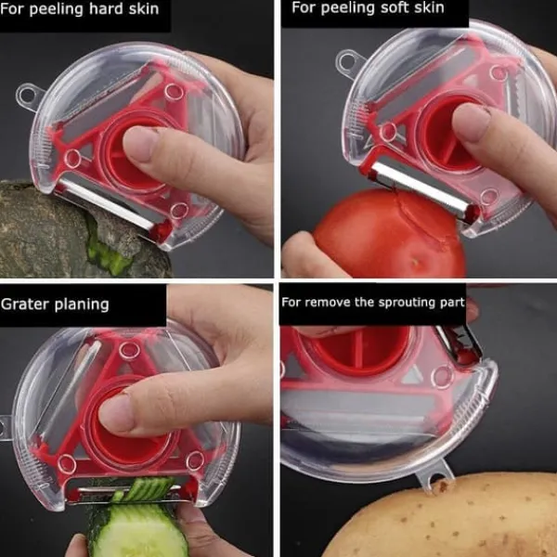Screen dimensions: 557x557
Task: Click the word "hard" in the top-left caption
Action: [x=105, y=8]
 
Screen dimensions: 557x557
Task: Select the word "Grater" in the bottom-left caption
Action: [x=25, y=304]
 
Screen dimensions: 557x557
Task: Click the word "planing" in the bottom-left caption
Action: [x=82, y=305]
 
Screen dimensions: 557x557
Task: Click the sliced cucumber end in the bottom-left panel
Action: [x=137, y=530]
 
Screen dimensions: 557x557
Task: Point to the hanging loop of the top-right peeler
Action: [x=348, y=62]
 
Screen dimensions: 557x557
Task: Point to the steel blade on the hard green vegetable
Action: [x=109, y=202]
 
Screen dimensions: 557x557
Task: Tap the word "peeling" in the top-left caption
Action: [x=57, y=9]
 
